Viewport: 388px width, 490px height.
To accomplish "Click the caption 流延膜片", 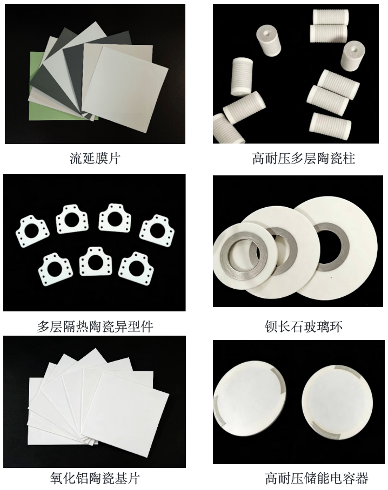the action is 95,159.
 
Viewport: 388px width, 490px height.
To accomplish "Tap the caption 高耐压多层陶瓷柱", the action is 304,159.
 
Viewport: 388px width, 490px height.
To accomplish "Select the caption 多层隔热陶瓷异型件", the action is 95,326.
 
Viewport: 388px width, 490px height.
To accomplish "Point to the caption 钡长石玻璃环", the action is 304,326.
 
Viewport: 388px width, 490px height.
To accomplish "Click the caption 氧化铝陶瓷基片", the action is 95,478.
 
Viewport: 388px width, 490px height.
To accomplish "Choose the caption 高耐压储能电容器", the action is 316,478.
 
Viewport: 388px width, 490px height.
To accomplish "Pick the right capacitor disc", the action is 337,402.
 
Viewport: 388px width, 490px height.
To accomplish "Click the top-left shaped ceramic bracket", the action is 32,230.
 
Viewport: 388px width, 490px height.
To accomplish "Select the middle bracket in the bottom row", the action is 95,262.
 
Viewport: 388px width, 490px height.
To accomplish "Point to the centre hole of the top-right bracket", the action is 157,230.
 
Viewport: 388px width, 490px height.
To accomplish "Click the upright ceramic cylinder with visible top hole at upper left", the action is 269,41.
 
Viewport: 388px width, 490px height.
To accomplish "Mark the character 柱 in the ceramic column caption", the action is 349,159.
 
